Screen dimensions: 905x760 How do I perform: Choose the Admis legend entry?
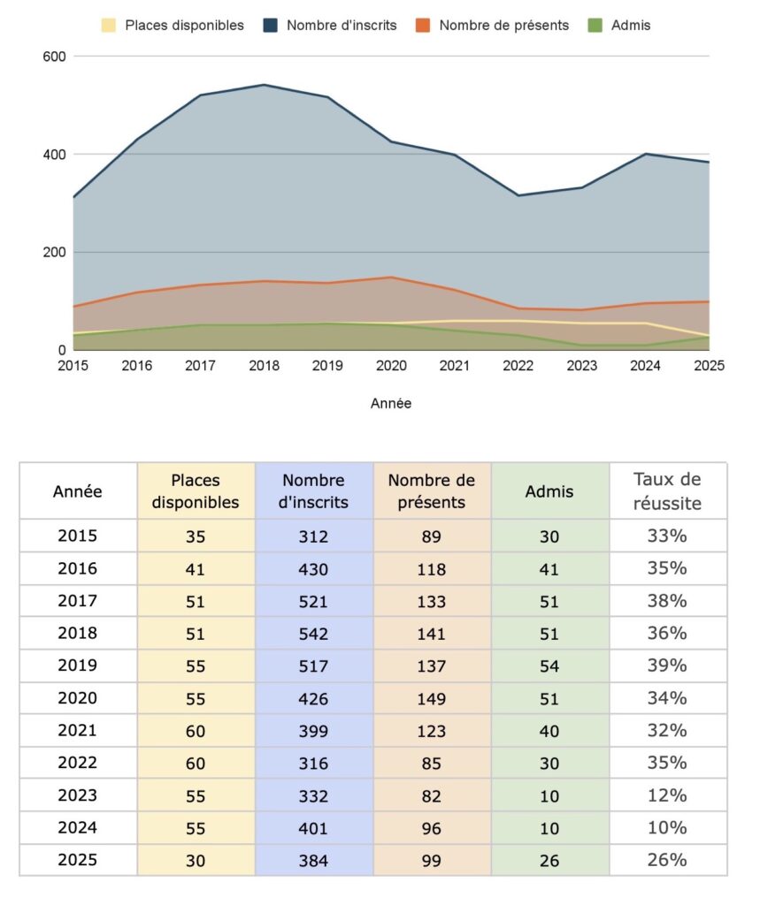624,26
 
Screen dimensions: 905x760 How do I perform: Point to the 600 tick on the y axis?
56,57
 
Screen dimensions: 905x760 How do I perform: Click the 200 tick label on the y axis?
56,253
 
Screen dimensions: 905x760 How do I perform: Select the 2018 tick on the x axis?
264,366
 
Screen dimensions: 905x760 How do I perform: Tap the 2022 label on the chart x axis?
518,366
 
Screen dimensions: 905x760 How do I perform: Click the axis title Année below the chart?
391,403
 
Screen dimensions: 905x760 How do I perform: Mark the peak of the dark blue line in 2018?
264,85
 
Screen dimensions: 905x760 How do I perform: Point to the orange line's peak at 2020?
391,278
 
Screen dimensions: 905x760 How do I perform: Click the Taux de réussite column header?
668,491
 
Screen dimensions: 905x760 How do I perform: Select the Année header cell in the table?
78,491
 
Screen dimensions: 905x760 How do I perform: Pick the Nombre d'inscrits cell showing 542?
314,634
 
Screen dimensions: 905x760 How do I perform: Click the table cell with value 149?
432,698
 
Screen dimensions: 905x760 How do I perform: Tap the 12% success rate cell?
668,795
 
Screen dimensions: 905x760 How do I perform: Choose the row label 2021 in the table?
78,731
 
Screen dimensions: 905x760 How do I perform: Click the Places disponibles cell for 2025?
196,860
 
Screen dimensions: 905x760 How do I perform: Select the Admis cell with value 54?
549,666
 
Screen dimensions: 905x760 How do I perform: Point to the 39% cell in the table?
668,665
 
